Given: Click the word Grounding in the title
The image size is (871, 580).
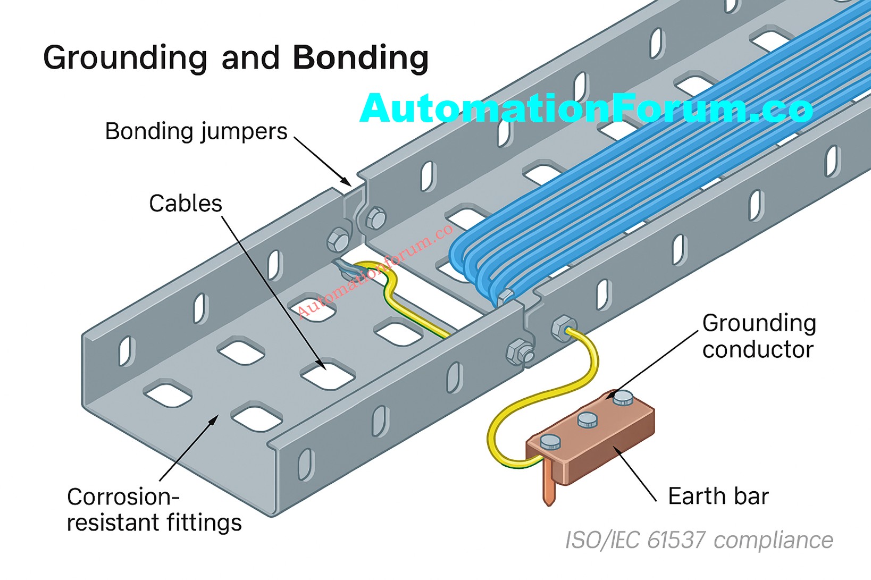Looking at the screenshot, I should [125, 58].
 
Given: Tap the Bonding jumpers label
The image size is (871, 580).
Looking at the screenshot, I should [196, 131].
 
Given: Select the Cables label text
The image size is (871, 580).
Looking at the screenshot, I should [185, 204].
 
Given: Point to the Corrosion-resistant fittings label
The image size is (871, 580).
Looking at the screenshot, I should [154, 510].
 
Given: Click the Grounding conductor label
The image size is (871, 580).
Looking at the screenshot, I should [759, 337].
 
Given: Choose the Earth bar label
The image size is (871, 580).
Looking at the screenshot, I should [718, 496].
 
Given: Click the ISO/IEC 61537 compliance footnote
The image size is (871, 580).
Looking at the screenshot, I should [699, 541].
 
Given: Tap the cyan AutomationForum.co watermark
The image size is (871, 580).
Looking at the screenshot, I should [586, 108].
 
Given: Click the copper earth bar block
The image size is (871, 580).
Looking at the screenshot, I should [596, 441].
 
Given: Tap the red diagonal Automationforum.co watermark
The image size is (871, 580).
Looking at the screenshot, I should [375, 271].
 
